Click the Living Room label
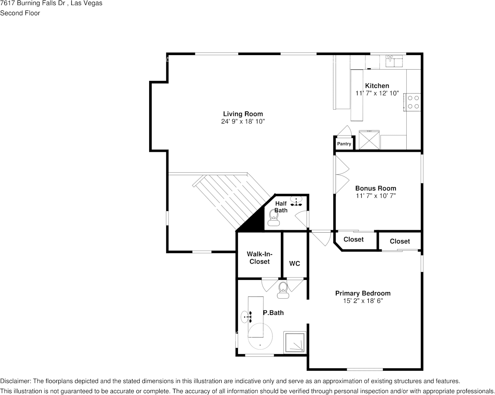243,114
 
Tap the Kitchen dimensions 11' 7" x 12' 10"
377,93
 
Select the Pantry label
344,144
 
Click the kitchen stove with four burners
412,102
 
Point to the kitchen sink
394,61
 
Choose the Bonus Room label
376,189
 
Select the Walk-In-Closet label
260,258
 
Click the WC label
295,264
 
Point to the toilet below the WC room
283,290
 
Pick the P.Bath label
273,313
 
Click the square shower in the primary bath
295,342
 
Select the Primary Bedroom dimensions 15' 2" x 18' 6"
363,301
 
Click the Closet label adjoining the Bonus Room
354,239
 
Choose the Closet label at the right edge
400,242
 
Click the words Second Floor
20,13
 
